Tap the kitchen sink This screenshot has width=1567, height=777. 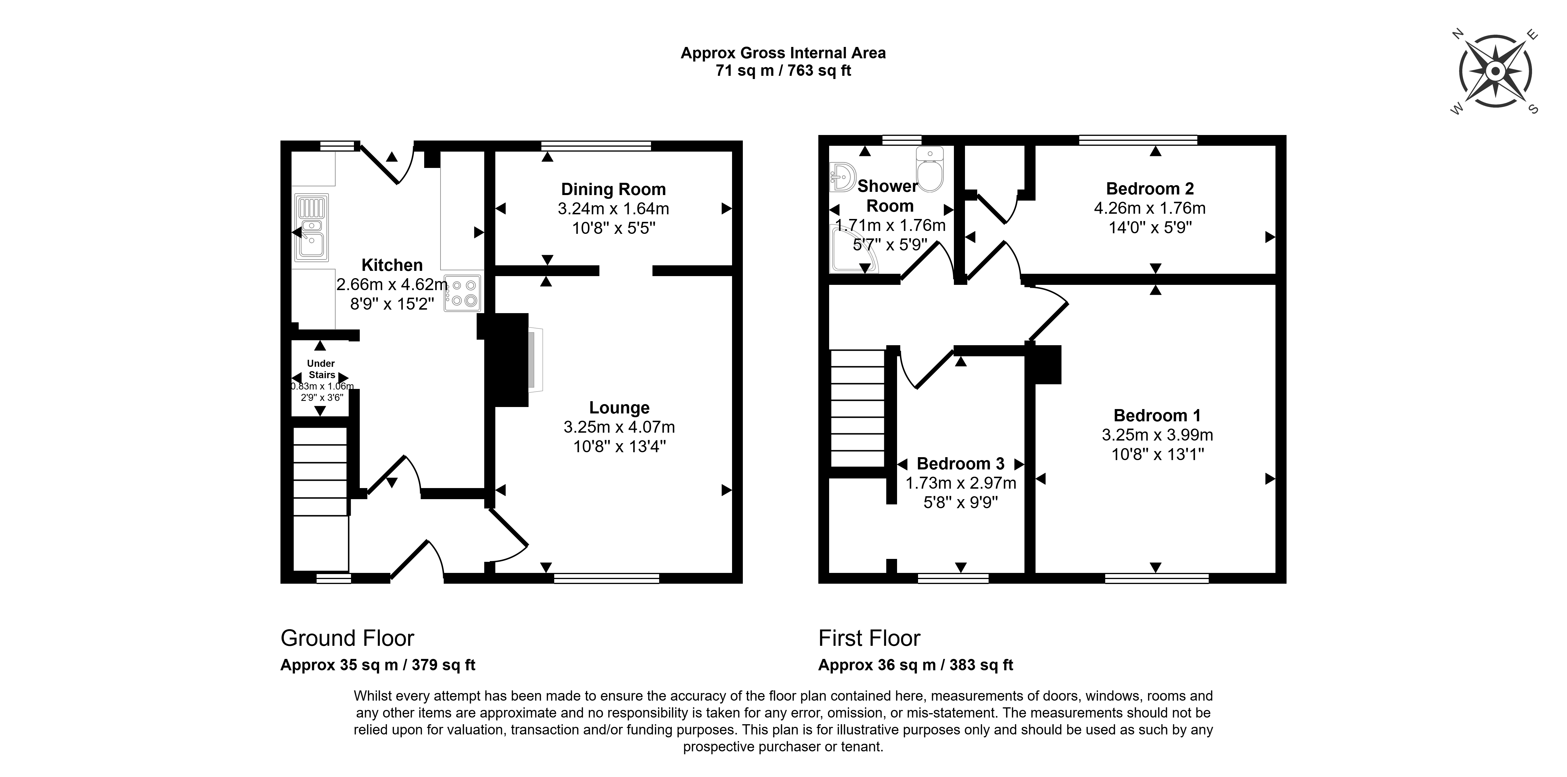click(x=311, y=228)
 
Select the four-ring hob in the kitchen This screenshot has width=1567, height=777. click(x=462, y=293)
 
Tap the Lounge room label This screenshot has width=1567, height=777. click(x=619, y=408)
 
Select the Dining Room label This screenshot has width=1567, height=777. click(x=613, y=189)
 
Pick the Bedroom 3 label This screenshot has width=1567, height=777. click(x=961, y=464)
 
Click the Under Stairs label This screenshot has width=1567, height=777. click(x=321, y=369)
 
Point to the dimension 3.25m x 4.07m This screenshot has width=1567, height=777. click(x=619, y=427)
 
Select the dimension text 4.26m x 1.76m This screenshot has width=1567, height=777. click(x=1150, y=208)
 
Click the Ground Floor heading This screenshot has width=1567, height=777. click(x=347, y=638)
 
